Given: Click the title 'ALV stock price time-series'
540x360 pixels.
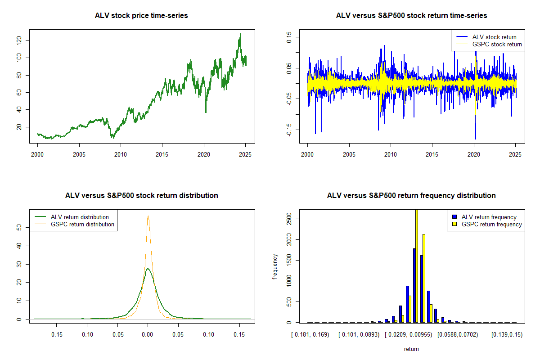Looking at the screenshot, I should click(x=141, y=16).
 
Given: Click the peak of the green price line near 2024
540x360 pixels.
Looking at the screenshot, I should click(x=240, y=34).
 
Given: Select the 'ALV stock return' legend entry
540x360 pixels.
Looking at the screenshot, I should click(x=494, y=37).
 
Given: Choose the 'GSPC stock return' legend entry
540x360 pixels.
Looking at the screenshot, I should click(x=497, y=44).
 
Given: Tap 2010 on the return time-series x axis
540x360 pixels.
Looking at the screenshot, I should click(x=391, y=154).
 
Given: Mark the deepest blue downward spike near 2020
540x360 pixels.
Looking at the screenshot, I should click(x=475, y=139).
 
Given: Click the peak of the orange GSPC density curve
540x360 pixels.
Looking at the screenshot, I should click(x=148, y=216).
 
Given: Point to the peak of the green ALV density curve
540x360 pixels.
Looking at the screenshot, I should click(x=148, y=269).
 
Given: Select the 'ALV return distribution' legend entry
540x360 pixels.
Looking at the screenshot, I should click(x=80, y=217).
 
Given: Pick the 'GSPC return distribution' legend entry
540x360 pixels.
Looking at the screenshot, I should click(x=82, y=224).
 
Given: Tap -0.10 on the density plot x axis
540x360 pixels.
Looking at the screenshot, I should click(x=86, y=334).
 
